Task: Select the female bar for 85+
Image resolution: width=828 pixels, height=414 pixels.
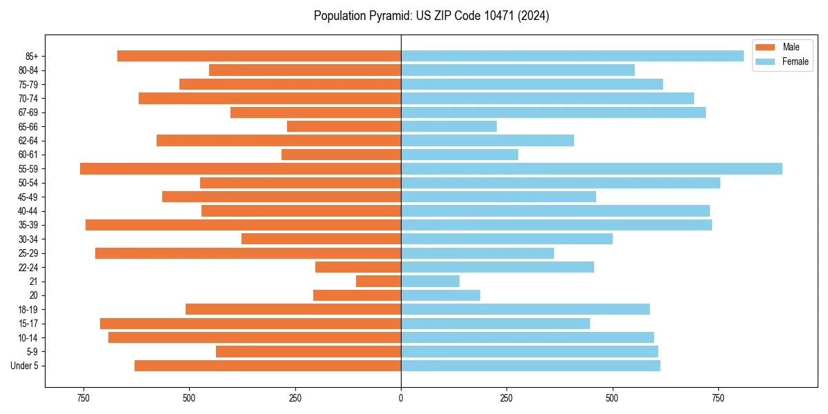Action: pyautogui.click(x=572, y=56)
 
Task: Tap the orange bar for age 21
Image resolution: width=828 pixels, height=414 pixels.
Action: pyautogui.click(x=378, y=281)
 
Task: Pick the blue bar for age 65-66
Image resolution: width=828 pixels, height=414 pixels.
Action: pyautogui.click(x=448, y=126)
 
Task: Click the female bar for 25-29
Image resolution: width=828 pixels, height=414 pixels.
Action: pyautogui.click(x=477, y=253)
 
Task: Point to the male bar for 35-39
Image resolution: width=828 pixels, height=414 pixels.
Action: pyautogui.click(x=243, y=225)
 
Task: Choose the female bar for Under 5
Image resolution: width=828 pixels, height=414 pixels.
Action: pyautogui.click(x=530, y=366)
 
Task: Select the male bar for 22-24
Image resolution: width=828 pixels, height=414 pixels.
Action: pyautogui.click(x=358, y=267)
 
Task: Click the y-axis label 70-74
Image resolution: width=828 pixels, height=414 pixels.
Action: pyautogui.click(x=29, y=98)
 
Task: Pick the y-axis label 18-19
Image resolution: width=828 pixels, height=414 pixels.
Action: pyautogui.click(x=29, y=309)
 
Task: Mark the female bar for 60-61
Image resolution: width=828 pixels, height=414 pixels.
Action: pyautogui.click(x=459, y=155)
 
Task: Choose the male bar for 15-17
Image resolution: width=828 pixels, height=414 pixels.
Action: pyautogui.click(x=250, y=324)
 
